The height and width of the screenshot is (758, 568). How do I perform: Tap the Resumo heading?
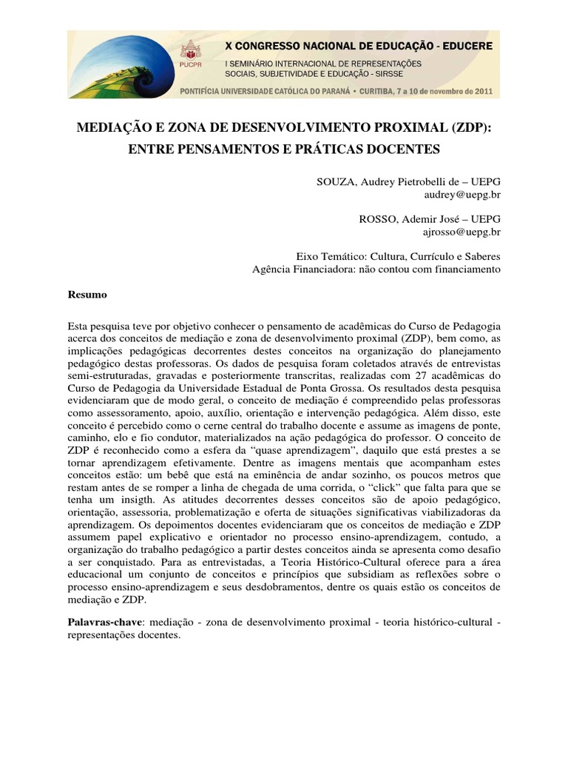pos(87,295)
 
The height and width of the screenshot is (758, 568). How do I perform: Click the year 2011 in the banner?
pos(487,92)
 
